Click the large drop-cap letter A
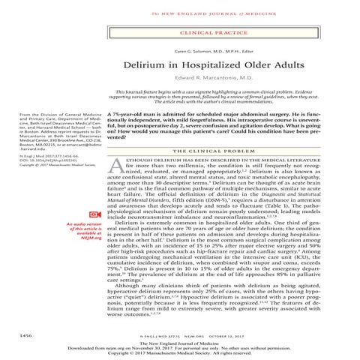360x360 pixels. (x=115, y=169)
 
